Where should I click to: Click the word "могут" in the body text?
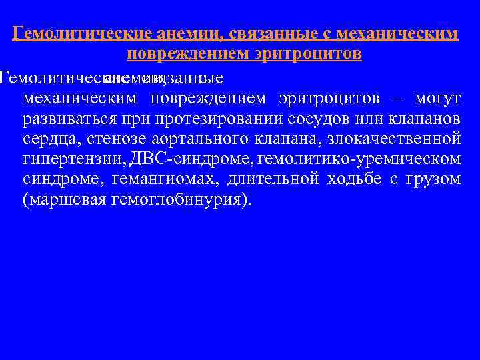click(x=437, y=100)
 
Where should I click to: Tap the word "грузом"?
click(x=433, y=180)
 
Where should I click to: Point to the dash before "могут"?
click(x=397, y=100)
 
